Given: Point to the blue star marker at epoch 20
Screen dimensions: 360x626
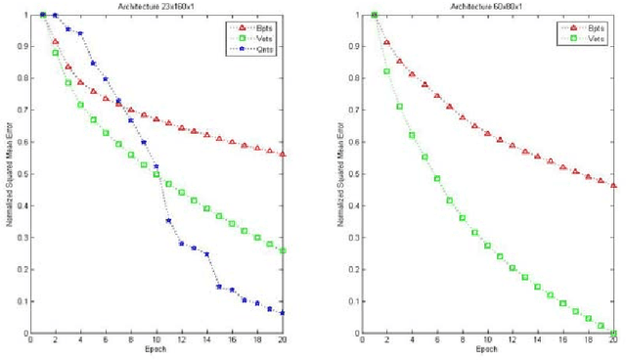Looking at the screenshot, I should [x=283, y=313].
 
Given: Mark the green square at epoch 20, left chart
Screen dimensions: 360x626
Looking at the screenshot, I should [x=283, y=250].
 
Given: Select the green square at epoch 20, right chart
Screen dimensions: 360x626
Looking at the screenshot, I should [x=613, y=333].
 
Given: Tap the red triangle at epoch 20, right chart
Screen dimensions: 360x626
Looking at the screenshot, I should [x=613, y=185].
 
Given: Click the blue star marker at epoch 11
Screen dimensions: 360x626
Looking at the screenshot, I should [x=168, y=221].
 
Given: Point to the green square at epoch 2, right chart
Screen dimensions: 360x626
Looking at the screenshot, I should [x=387, y=71].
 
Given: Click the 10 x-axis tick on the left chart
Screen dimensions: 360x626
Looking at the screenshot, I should [x=156, y=340].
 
